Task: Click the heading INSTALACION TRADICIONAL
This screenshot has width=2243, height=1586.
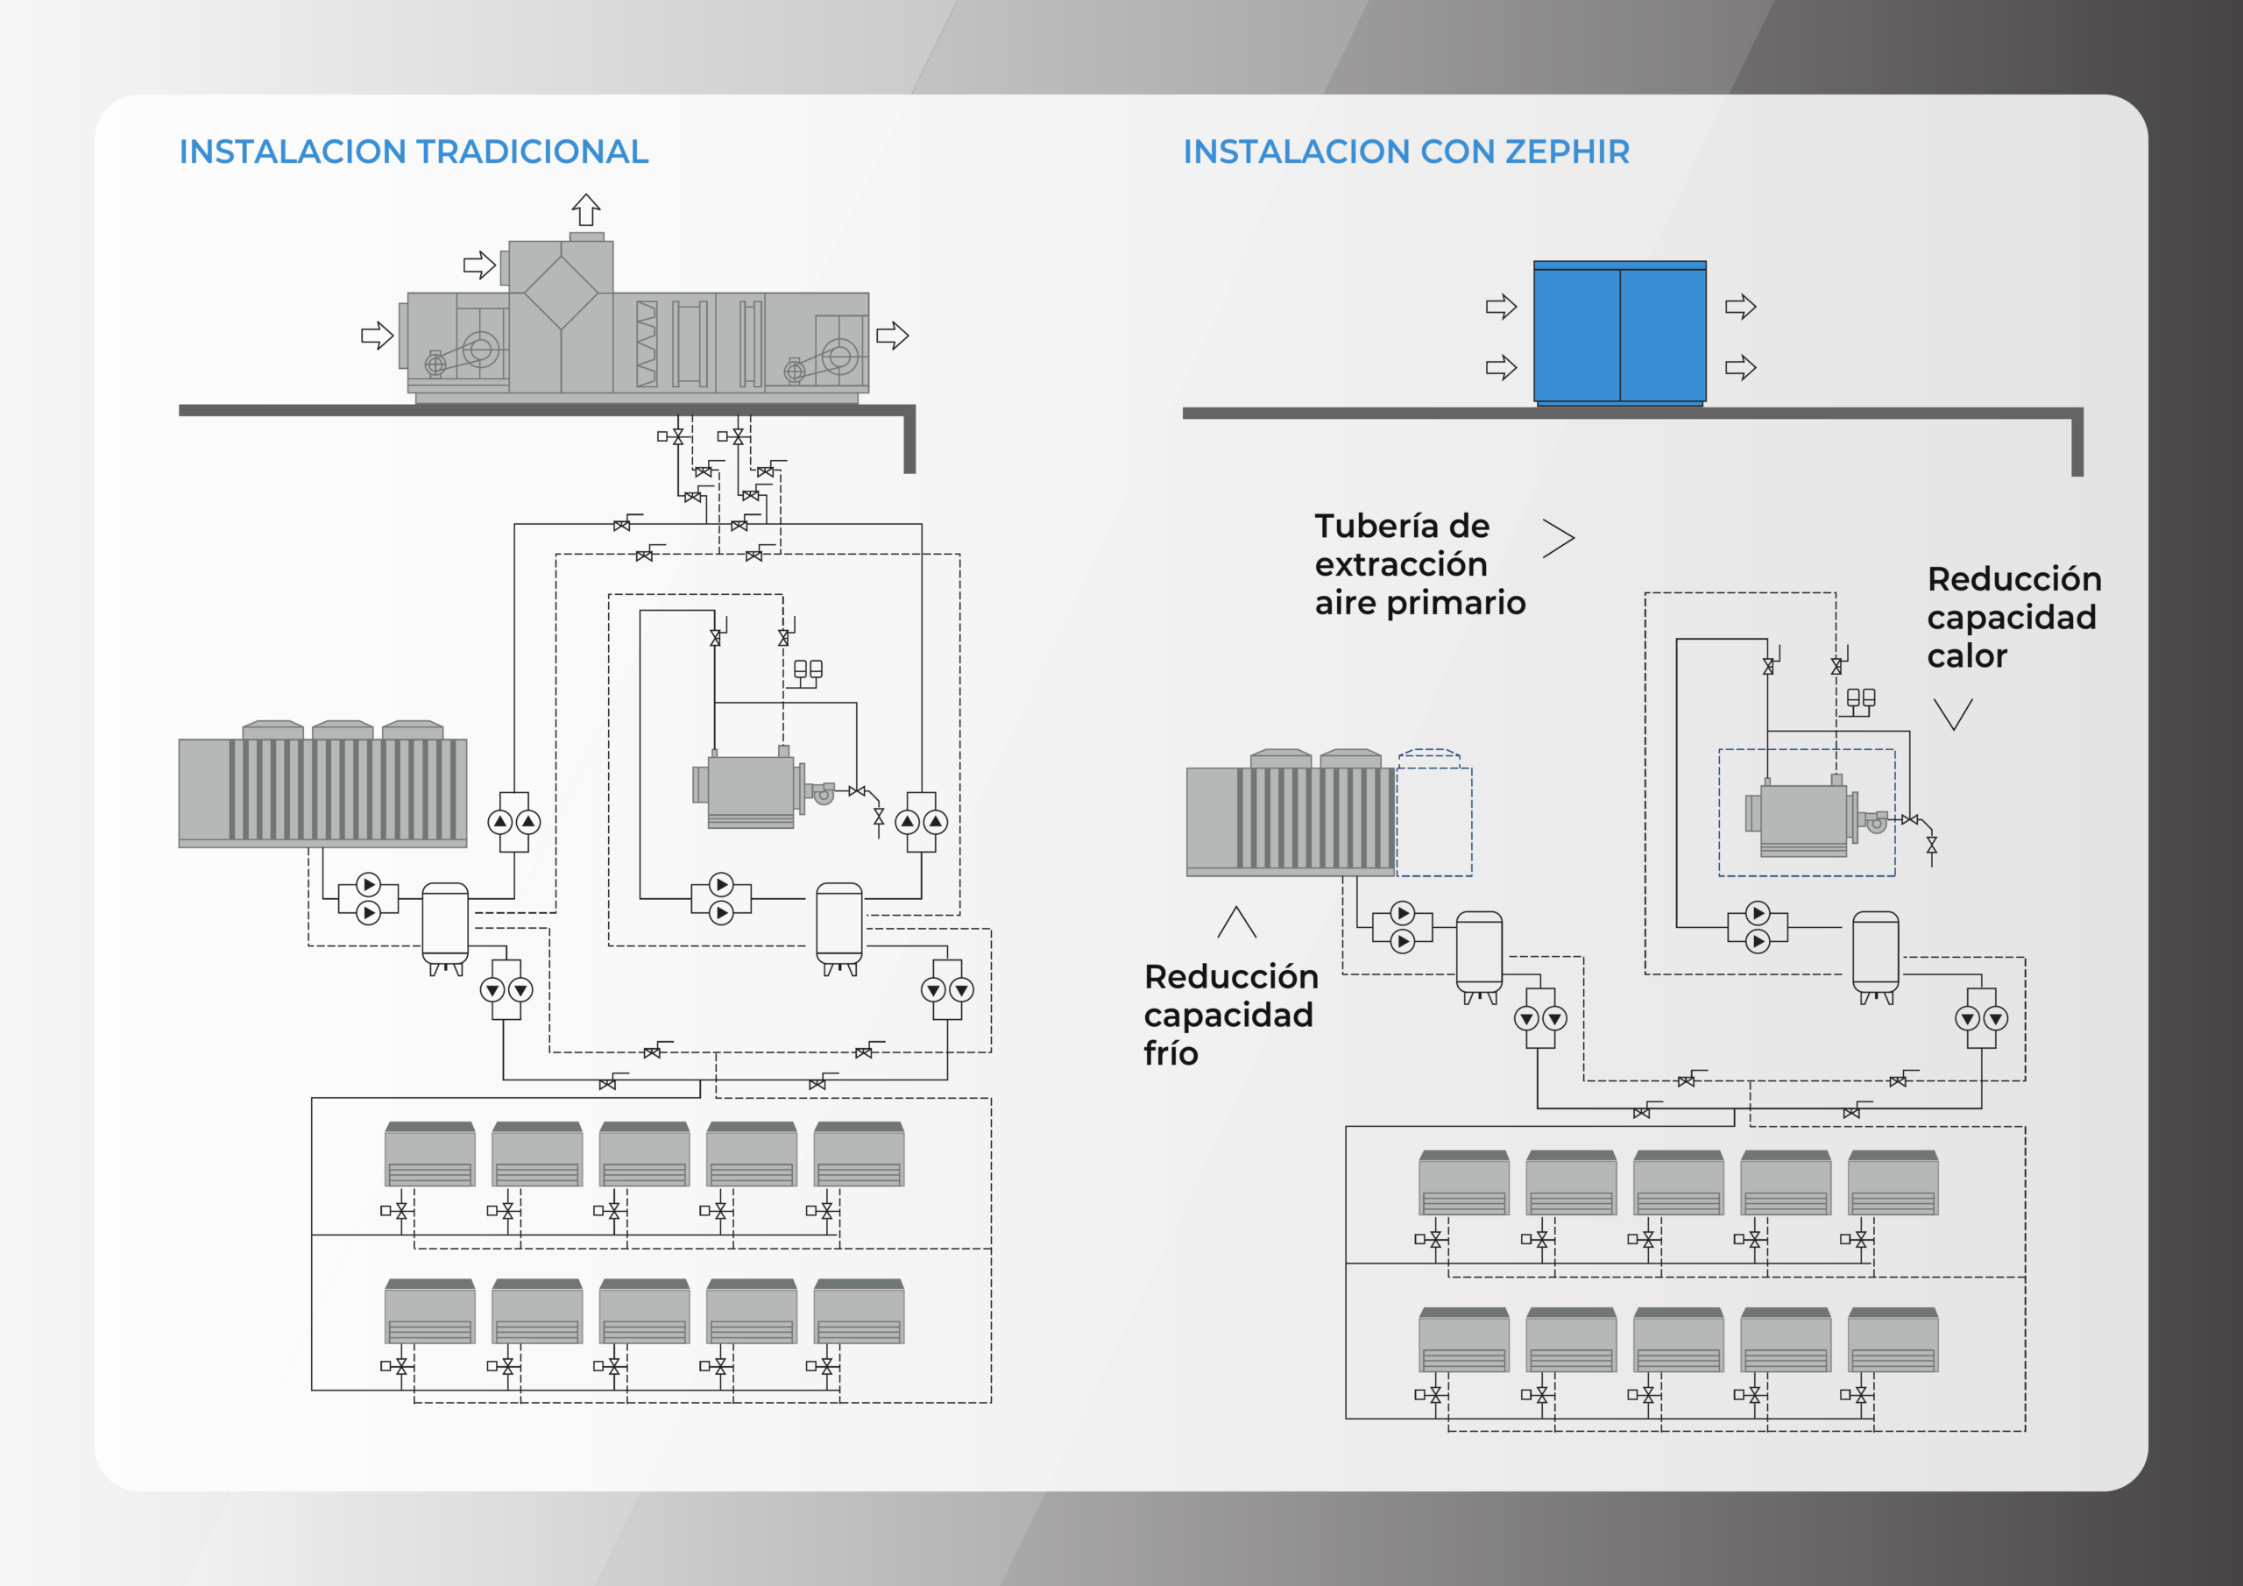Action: click(414, 152)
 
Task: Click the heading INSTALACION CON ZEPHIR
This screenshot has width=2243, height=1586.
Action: click(1405, 152)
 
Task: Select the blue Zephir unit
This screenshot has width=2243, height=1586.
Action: click(1619, 333)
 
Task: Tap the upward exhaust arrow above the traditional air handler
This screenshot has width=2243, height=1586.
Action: click(586, 209)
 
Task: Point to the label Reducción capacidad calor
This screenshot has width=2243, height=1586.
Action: click(2013, 617)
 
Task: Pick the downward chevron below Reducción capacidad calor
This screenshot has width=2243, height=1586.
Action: click(1953, 713)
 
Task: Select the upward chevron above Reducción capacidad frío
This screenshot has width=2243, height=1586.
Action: click(1237, 922)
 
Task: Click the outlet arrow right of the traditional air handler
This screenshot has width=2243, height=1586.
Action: click(892, 336)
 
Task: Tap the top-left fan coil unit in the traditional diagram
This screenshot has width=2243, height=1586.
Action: click(430, 1154)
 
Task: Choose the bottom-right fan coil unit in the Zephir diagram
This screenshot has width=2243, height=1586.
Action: click(1893, 1340)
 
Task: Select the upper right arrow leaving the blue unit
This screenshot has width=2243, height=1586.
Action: click(1740, 307)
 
